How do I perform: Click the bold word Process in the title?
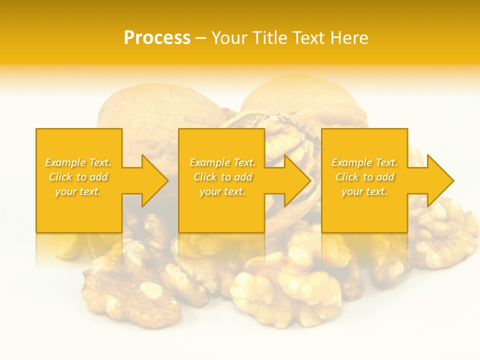157,38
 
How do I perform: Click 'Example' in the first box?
65,162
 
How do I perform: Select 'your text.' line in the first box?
78,191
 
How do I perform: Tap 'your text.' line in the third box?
364,191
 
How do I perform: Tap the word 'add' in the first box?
99,177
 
